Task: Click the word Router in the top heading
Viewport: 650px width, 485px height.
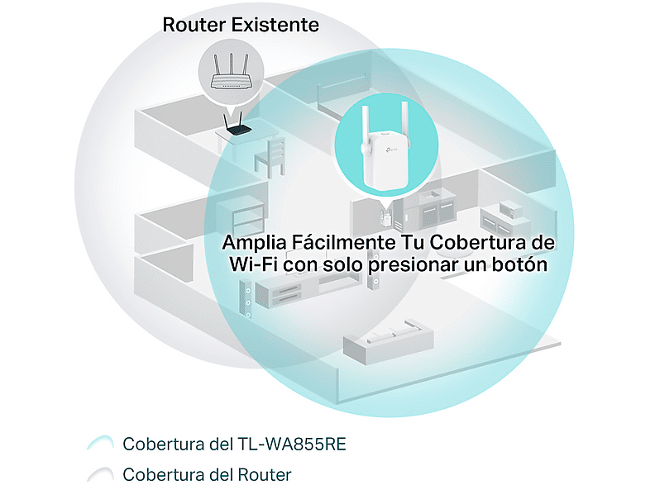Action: point(194,25)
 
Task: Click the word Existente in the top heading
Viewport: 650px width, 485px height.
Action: point(275,25)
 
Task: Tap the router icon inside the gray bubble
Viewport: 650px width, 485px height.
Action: point(231,72)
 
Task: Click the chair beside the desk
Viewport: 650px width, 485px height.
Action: point(270,157)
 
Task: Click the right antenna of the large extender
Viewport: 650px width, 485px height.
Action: point(405,124)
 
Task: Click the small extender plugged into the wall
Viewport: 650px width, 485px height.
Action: point(386,217)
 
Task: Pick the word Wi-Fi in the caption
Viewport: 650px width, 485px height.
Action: point(253,264)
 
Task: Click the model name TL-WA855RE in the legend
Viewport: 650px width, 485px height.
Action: point(292,444)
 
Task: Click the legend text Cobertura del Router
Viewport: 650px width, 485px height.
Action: point(208,474)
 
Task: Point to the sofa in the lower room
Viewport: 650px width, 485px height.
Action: point(388,341)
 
